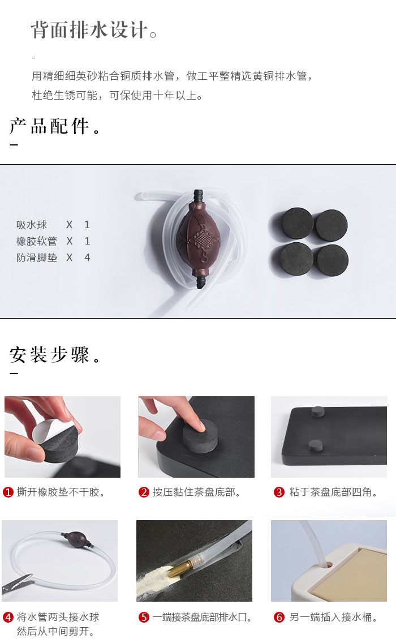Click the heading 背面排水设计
pos(89,30)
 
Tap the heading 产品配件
pos(49,126)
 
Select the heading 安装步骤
pos(49,355)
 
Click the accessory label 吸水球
pos(32,225)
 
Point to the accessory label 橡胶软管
pos(36,241)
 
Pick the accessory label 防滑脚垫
pos(36,258)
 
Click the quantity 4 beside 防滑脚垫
pos(87,258)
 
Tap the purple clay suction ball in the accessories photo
pos(199,239)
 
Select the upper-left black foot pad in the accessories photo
pos(298,223)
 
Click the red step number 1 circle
pos(8,492)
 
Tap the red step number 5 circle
pos(144,617)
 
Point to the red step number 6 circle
pos(279,617)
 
